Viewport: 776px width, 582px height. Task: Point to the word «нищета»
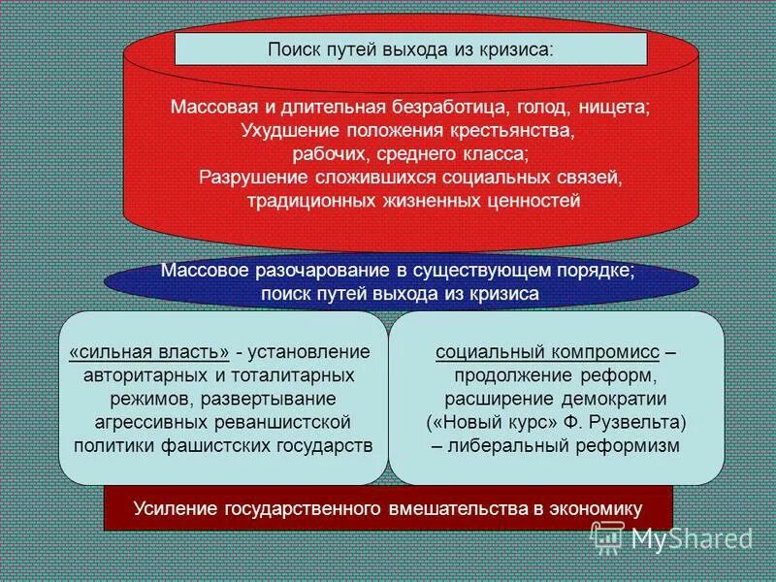(x=606, y=106)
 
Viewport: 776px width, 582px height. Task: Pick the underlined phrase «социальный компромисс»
(x=548, y=351)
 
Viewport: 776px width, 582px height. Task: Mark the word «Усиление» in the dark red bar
(x=176, y=508)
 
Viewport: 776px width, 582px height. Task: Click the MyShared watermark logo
(x=674, y=537)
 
